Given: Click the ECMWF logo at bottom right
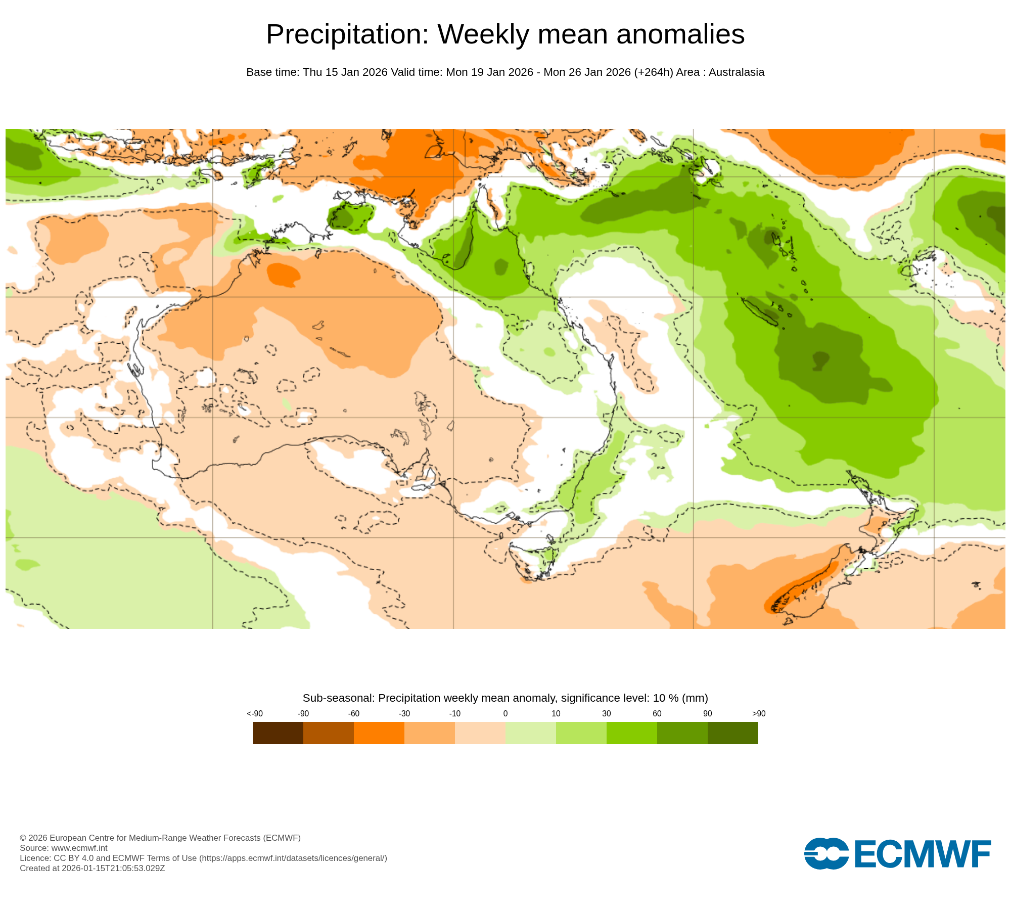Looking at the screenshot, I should pyautogui.click(x=897, y=854).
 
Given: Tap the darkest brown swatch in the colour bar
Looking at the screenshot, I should pyautogui.click(x=278, y=733).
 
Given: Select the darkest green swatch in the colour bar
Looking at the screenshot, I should pyautogui.click(x=732, y=733).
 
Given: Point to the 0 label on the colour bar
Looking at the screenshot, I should pyautogui.click(x=505, y=713).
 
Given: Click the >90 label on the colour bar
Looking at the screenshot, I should pyautogui.click(x=759, y=713).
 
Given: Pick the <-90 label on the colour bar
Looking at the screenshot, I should pyautogui.click(x=255, y=713).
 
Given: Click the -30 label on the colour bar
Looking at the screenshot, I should pyautogui.click(x=404, y=713).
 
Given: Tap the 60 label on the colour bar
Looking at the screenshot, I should pyautogui.click(x=657, y=713).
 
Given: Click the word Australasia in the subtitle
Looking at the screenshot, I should pyautogui.click(x=736, y=72).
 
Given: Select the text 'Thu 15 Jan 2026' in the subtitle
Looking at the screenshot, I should pyautogui.click(x=345, y=72).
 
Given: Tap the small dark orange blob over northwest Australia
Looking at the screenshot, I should pyautogui.click(x=283, y=275).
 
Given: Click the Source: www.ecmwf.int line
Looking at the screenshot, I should pyautogui.click(x=64, y=848).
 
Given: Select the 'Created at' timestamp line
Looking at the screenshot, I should pyautogui.click(x=92, y=868).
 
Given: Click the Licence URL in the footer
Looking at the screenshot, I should pyautogui.click(x=293, y=858).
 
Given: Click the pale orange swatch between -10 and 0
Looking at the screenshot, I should pyautogui.click(x=480, y=733).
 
